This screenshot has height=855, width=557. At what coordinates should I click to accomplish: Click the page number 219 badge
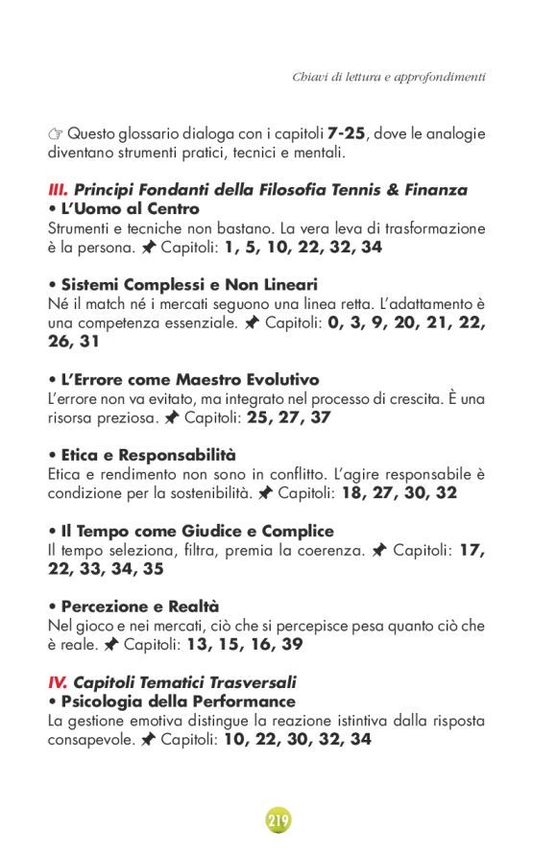[278, 819]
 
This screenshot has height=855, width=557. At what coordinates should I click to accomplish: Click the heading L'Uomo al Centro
[130, 208]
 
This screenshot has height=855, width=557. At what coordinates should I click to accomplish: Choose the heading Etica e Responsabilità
[148, 455]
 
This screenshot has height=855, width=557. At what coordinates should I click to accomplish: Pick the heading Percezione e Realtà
[140, 606]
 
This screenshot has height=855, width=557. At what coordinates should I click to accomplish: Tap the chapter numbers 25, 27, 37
[297, 417]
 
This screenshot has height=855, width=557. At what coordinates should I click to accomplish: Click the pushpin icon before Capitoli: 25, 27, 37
[172, 417]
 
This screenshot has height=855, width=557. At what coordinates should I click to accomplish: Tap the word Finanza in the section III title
[433, 190]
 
